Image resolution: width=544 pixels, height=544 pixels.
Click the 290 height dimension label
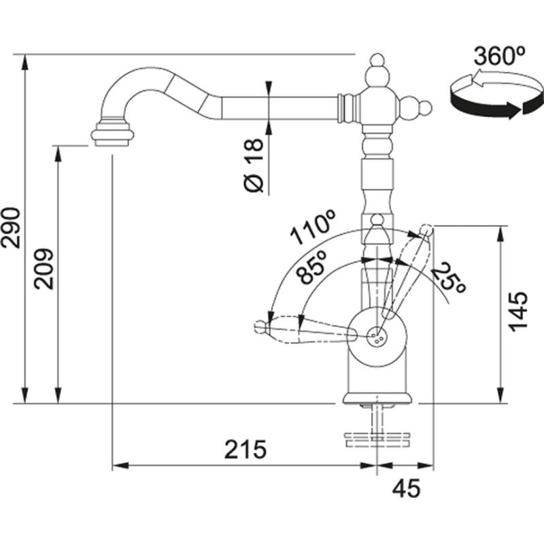click(x=13, y=228)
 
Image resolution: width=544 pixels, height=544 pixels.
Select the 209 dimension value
click(x=44, y=269)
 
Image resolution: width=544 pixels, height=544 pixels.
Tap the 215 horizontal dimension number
click(x=245, y=449)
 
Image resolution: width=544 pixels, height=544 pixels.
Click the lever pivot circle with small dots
click(x=376, y=335)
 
